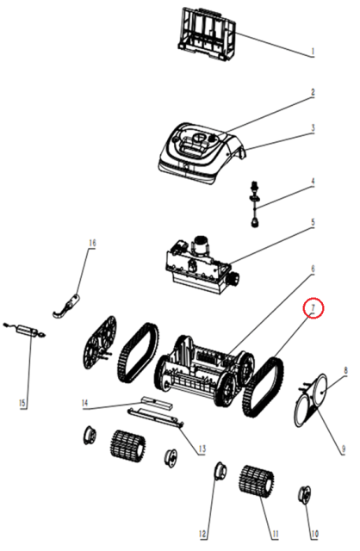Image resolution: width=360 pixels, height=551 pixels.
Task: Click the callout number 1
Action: coord(313,52)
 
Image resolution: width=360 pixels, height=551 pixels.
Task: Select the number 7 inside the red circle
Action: coord(313,308)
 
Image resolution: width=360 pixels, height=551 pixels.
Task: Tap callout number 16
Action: coord(92,243)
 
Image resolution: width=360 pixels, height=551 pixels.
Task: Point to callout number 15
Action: coord(22,403)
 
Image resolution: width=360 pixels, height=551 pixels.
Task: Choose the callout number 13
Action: coord(202,449)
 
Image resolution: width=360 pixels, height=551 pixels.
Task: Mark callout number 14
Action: coord(84,403)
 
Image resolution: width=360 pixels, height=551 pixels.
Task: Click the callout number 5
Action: coord(313,222)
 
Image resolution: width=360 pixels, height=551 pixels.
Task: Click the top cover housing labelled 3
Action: coord(201,153)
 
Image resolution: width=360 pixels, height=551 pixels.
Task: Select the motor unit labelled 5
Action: coord(202,264)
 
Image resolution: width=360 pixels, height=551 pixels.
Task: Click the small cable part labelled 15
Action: coord(25,331)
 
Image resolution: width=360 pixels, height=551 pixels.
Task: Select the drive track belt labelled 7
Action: coord(264,387)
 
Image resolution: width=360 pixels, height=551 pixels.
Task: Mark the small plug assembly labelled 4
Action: coord(255,204)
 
